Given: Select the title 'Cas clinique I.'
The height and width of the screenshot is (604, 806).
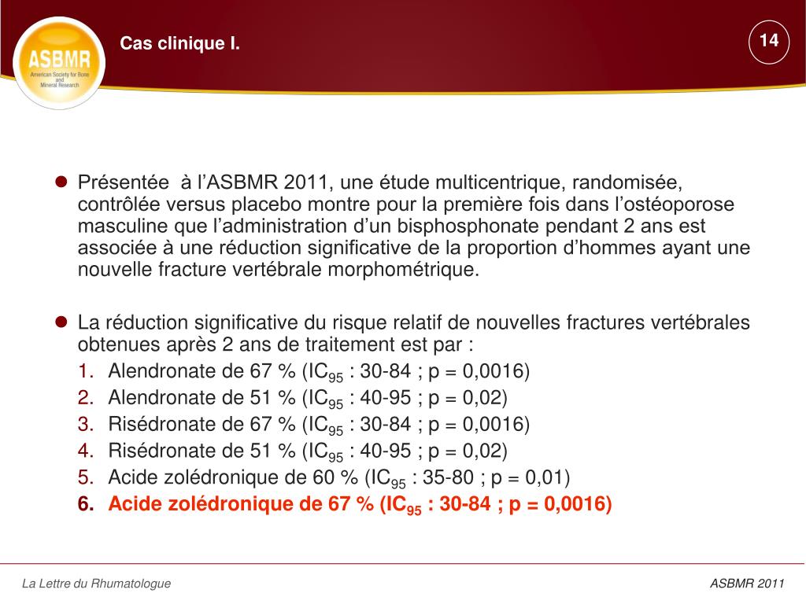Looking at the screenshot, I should pyautogui.click(x=179, y=44).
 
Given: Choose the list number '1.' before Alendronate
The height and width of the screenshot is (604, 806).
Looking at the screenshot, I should pyautogui.click(x=86, y=371).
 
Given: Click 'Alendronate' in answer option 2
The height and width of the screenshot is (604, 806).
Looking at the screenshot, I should pyautogui.click(x=162, y=397).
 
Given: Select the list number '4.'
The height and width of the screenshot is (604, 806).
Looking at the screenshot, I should pyautogui.click(x=86, y=451).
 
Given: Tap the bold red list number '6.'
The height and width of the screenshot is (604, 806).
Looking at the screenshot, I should pyautogui.click(x=86, y=504).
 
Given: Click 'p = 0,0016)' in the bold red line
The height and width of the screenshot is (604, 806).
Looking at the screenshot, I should pyautogui.click(x=560, y=504).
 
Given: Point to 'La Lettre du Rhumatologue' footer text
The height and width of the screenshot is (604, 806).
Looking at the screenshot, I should pyautogui.click(x=96, y=584).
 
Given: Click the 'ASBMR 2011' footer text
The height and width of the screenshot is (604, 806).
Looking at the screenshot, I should pyautogui.click(x=747, y=584).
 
